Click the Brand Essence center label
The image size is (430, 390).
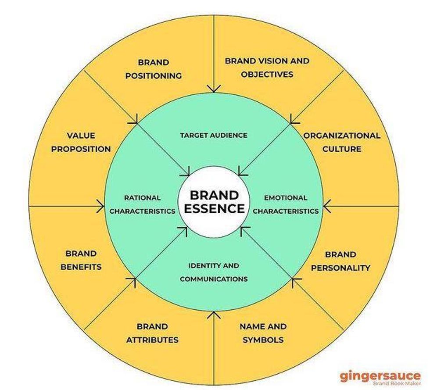214,201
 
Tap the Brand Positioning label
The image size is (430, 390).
153,69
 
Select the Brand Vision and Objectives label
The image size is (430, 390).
267,68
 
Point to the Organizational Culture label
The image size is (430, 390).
342,142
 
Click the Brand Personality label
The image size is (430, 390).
340,261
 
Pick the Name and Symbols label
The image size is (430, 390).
263,333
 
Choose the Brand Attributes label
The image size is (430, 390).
152,333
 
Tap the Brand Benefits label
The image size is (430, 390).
81,260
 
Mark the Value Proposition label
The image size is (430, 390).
81,142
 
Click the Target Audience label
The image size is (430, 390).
214,135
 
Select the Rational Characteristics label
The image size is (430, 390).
142,204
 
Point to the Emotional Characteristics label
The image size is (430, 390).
286,204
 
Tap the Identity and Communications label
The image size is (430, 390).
214,272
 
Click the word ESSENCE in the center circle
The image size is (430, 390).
214,208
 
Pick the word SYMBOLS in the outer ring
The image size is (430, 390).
263,340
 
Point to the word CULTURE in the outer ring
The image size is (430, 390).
342,149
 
